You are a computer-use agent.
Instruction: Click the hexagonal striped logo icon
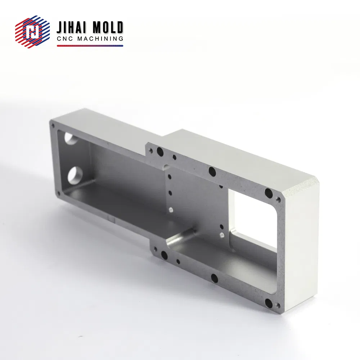(x=32, y=32)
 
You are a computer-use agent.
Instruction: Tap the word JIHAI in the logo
(x=71, y=28)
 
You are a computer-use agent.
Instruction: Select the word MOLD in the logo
(x=108, y=28)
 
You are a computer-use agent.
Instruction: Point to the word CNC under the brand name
(x=65, y=39)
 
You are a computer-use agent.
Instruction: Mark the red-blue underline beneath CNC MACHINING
(x=90, y=46)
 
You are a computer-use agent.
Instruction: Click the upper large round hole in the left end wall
(x=71, y=138)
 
